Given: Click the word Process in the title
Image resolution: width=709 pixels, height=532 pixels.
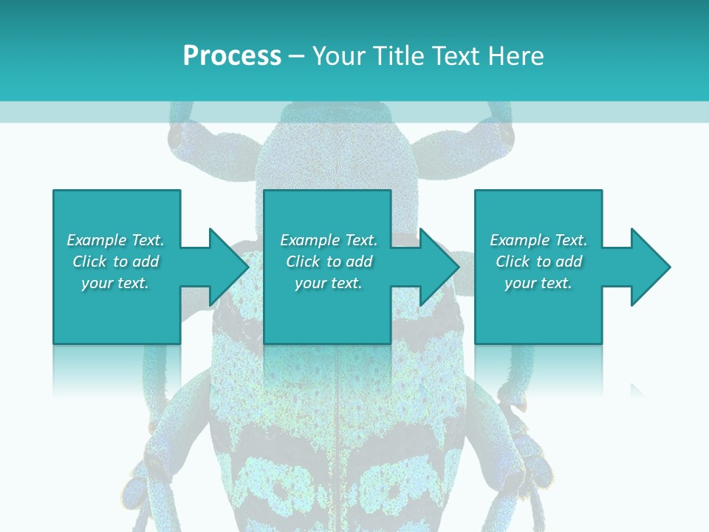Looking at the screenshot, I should coord(232,56).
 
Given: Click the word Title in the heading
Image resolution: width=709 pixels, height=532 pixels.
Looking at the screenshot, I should coord(396,56).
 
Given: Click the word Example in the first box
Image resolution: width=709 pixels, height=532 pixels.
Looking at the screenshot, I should coord(97,240).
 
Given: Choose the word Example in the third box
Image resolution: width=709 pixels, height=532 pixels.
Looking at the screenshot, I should coord(520,240).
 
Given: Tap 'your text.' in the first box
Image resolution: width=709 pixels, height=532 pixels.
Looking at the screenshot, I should coord(115,283).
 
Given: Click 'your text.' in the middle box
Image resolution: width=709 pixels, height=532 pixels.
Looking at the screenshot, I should coord(329,283).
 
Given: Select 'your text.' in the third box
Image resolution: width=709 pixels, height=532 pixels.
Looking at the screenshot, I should coord(538,283).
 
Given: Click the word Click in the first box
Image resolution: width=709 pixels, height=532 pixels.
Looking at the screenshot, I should coord(89,262).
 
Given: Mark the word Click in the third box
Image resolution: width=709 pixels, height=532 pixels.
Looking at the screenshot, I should coord(513,262).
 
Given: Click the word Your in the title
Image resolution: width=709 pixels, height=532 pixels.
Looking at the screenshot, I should coord(339,56).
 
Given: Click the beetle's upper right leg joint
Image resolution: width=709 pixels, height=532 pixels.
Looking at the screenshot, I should coord(504,135).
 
